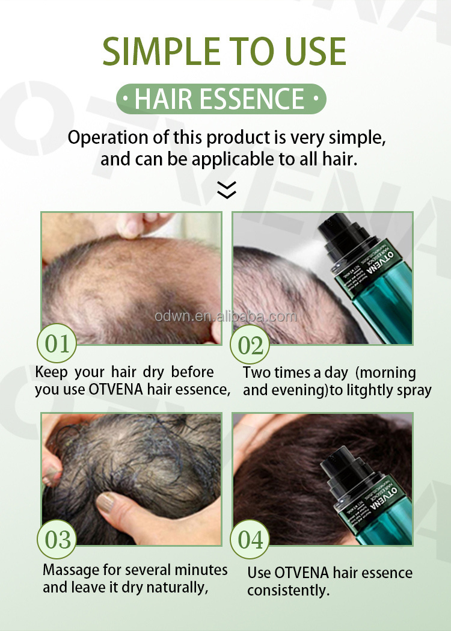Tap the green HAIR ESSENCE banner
click(x=220, y=98)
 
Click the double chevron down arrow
click(x=226, y=190)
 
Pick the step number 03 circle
click(x=57, y=540)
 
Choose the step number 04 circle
click(x=251, y=540)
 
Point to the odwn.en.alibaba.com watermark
click(x=225, y=317)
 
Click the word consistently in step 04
click(x=288, y=591)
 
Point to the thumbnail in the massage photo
click(x=109, y=500)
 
